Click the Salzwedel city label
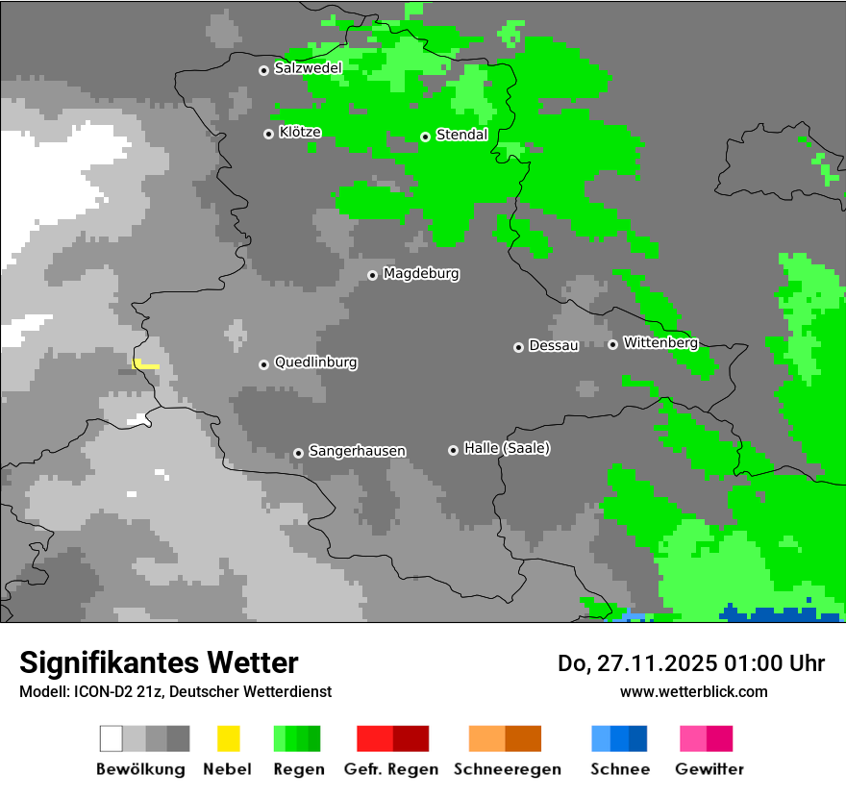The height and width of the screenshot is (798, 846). (x=308, y=68)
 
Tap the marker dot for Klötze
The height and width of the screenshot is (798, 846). (x=268, y=134)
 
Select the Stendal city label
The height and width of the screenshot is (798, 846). (x=461, y=135)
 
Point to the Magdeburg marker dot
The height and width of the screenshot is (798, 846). (x=372, y=275)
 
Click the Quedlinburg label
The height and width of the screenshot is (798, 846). (x=315, y=362)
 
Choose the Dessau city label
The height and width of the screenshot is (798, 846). (x=554, y=345)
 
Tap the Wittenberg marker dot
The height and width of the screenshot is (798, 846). (x=612, y=344)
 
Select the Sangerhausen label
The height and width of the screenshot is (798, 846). (x=357, y=451)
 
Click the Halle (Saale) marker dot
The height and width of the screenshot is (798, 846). (x=453, y=450)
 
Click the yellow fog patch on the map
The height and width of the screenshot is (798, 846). (x=145, y=364)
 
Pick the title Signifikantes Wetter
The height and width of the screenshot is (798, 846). (x=159, y=662)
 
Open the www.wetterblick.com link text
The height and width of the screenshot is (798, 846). (x=693, y=691)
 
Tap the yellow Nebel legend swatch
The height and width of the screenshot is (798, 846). (x=228, y=738)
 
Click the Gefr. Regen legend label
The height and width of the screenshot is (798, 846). (x=390, y=769)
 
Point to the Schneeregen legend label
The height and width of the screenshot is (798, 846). (x=507, y=769)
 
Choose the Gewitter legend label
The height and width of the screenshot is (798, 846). (x=709, y=769)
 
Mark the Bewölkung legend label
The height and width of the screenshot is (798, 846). (x=140, y=769)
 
